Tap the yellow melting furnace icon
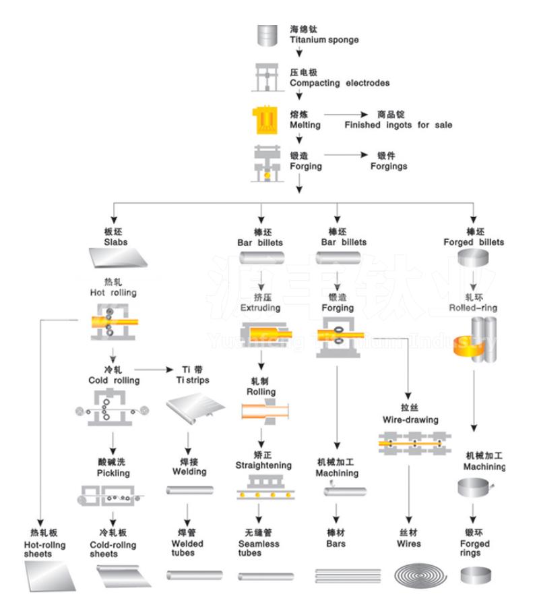[265, 119]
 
